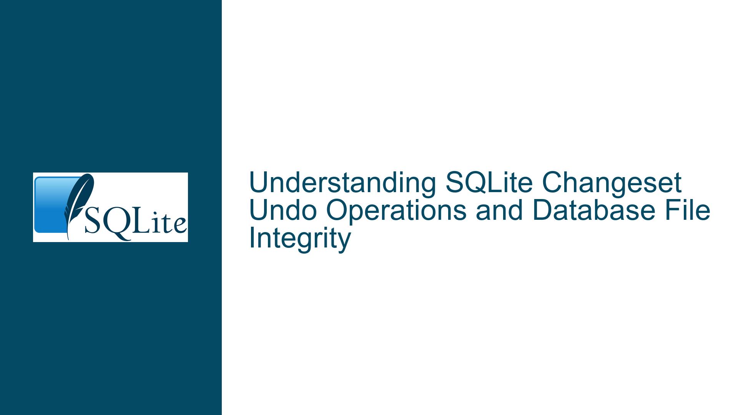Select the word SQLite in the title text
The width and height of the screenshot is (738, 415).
[489, 183]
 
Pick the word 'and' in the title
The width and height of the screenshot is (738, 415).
[499, 211]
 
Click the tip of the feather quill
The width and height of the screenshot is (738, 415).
[68, 239]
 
